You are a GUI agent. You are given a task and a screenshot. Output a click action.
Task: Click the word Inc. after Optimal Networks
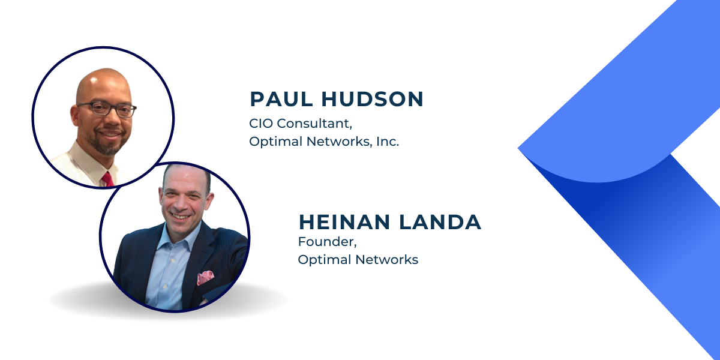pyautogui.click(x=388, y=142)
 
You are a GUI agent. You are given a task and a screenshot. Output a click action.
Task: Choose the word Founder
pyautogui.click(x=327, y=242)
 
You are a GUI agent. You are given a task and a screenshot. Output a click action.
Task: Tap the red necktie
pyautogui.click(x=108, y=179)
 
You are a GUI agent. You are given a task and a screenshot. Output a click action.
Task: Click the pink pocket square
pyautogui.click(x=205, y=278)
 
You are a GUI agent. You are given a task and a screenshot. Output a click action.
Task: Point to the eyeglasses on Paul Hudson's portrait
pyautogui.click(x=107, y=109)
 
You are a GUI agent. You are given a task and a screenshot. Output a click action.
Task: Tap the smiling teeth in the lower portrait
pyautogui.click(x=180, y=217)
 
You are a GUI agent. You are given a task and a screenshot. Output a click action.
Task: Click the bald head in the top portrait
pyautogui.click(x=103, y=83)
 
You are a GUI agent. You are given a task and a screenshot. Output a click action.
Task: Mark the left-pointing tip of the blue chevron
pyautogui.click(x=518, y=148)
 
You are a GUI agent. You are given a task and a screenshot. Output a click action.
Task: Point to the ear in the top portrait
pyautogui.click(x=74, y=116)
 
